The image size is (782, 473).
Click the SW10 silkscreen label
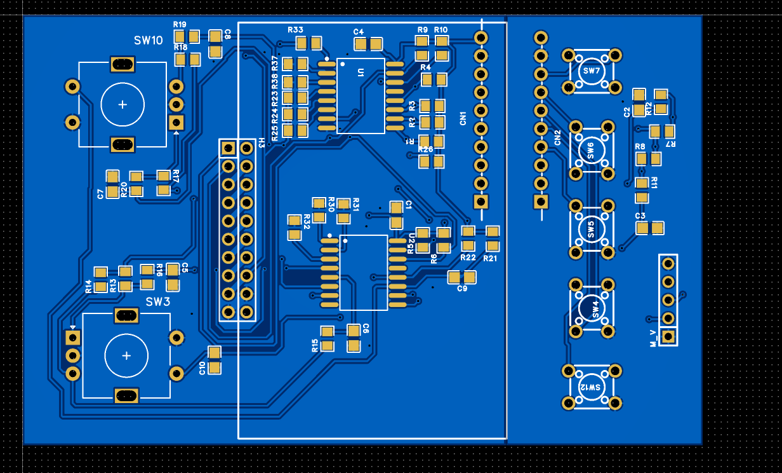[148, 41]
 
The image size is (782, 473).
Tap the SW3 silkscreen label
[158, 301]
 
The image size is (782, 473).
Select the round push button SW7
[592, 71]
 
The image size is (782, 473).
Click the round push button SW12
[592, 387]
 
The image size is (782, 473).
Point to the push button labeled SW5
[592, 229]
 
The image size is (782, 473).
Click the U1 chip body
[361, 95]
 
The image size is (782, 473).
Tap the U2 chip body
[363, 272]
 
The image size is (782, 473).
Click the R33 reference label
[295, 30]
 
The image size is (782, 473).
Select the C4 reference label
[359, 32]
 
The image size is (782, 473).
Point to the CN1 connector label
[463, 118]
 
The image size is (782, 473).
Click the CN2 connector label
[557, 137]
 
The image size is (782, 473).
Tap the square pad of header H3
[227, 149]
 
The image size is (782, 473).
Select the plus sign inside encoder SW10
[123, 105]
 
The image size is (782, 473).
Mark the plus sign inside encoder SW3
[126, 355]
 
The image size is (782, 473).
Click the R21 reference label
[490, 258]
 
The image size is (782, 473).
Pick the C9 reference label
[462, 289]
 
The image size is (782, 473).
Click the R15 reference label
[315, 345]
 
